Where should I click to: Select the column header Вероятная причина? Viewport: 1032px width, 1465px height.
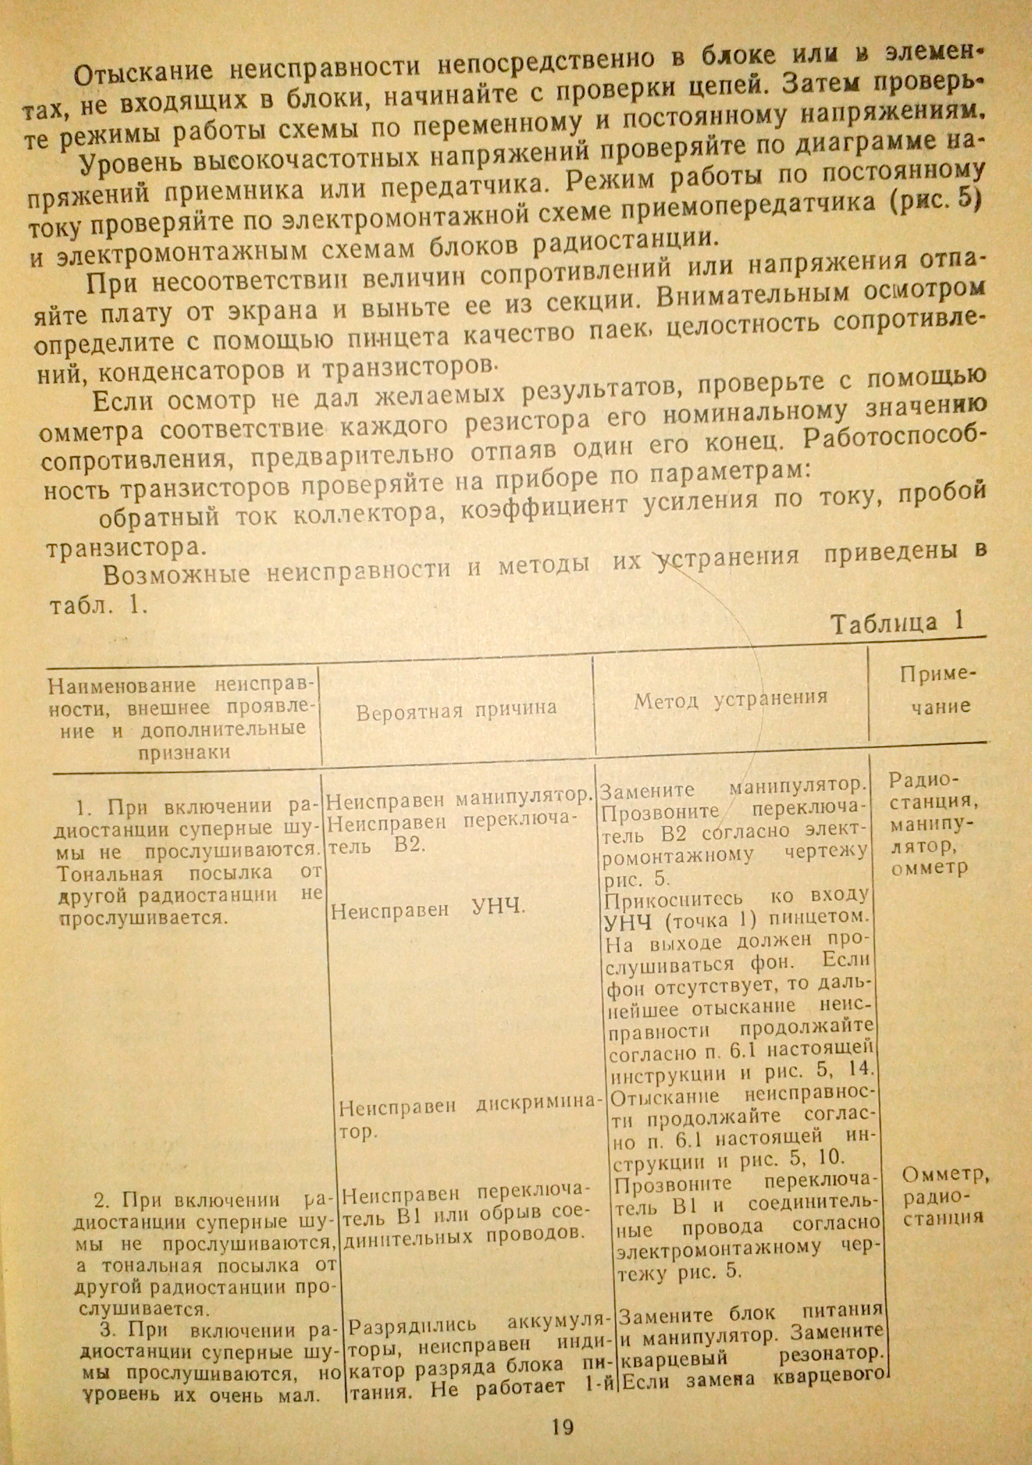point(456,709)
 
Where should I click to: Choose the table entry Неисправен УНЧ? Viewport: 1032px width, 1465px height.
point(428,907)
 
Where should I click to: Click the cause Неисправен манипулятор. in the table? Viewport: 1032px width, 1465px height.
point(459,800)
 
